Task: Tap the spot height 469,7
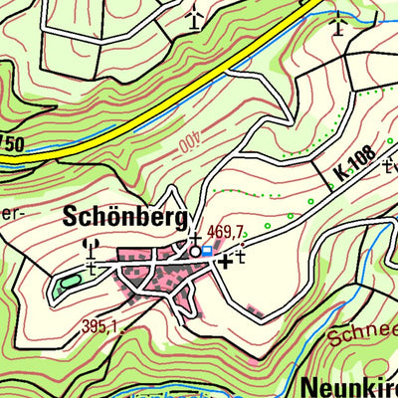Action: [x=225, y=232]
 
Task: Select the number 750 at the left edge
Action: [x=12, y=145]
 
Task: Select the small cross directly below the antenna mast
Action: [x=91, y=266]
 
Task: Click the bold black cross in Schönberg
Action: [x=226, y=261]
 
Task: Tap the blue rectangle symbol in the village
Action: [x=206, y=252]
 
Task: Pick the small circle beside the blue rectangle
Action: [x=195, y=252]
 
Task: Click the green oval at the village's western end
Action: [x=68, y=283]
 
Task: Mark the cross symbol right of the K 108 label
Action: [x=390, y=165]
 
